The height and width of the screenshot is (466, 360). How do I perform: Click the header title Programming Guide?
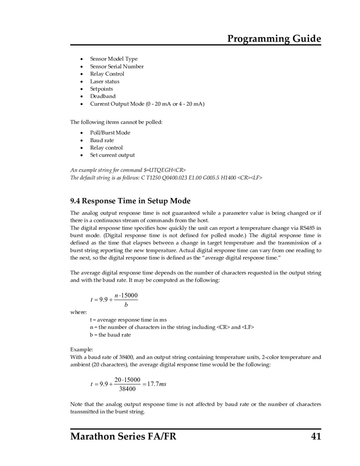(x=274, y=38)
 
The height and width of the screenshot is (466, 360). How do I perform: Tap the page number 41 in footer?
(x=316, y=436)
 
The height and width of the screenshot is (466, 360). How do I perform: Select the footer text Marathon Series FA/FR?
(x=123, y=436)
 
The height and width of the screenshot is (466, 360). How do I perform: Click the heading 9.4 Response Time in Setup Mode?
(x=130, y=201)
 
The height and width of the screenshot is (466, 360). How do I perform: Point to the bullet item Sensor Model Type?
(x=114, y=59)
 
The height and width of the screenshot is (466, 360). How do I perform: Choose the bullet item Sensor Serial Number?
(x=116, y=66)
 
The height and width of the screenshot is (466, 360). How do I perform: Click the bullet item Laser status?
(x=104, y=81)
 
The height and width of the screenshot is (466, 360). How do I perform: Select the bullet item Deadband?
(x=102, y=96)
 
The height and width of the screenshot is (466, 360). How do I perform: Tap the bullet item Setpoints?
(x=101, y=89)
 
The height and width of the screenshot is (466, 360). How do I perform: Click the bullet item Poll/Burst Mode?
(x=110, y=132)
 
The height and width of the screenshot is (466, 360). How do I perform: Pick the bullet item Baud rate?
(x=102, y=140)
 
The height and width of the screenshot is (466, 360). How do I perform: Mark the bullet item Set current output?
(x=112, y=155)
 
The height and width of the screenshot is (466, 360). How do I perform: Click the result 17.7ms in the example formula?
(x=156, y=384)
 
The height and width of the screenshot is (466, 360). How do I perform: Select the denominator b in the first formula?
(x=126, y=305)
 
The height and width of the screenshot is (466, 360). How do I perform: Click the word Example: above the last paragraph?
(x=82, y=349)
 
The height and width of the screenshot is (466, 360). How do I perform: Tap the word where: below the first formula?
(x=78, y=312)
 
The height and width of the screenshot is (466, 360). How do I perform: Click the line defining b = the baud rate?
(x=110, y=334)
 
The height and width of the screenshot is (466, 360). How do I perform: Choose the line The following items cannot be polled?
(x=116, y=122)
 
